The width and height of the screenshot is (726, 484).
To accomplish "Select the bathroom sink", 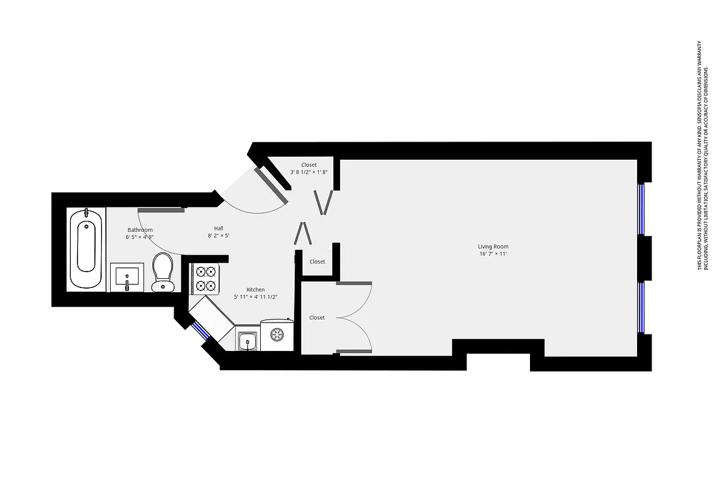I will coord(127,278).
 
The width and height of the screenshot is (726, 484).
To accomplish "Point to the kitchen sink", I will coord(247,342).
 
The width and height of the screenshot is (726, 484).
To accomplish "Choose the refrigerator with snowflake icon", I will coord(277,335).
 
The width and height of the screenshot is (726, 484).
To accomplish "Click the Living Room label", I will coord(493,246).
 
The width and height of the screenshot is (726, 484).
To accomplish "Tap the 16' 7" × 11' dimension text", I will coord(493,254).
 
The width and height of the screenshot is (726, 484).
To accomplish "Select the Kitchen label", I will coord(255,290).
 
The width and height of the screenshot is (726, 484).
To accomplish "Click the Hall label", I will coord(218,228).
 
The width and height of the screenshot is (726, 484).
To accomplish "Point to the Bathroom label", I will coord(140,230).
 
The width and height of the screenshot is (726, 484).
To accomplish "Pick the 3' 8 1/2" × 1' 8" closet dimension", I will coord(309,172).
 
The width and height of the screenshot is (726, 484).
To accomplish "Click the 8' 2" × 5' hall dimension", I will coord(218,236).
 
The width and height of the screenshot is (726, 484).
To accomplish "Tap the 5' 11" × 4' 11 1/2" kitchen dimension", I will coord(255,297).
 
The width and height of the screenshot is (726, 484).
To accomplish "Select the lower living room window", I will coord(641,307).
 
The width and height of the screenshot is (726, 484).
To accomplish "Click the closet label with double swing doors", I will coord(317,318).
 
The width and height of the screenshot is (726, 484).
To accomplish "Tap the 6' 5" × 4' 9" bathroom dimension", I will coord(140,237).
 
